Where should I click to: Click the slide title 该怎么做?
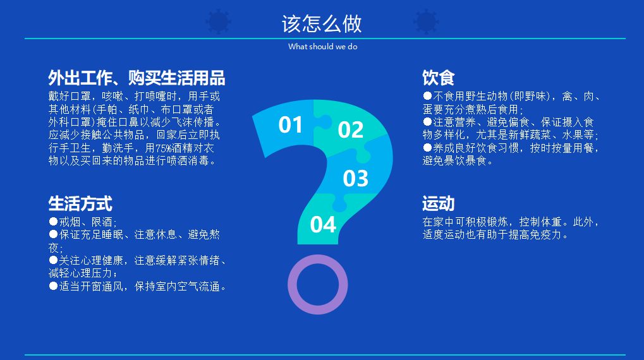point(322,24)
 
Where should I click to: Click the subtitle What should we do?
point(323,47)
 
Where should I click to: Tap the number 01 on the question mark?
point(290,125)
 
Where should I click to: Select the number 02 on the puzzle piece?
point(350,129)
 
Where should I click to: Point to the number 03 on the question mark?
point(355,179)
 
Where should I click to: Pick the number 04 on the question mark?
point(323,225)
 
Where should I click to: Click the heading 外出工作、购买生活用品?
point(137,78)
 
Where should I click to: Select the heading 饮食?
point(438,78)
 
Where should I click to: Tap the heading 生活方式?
point(80,203)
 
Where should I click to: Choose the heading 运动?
point(438,203)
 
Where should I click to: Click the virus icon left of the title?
point(219,21)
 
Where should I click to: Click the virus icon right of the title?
point(426,21)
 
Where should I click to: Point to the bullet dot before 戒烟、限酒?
point(53,222)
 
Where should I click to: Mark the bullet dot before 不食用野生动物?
point(427,95)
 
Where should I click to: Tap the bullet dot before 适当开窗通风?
point(53,285)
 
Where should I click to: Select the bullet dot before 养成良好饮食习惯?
point(427,147)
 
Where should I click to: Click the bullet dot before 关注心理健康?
point(53,260)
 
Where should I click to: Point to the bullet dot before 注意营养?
point(427,121)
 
